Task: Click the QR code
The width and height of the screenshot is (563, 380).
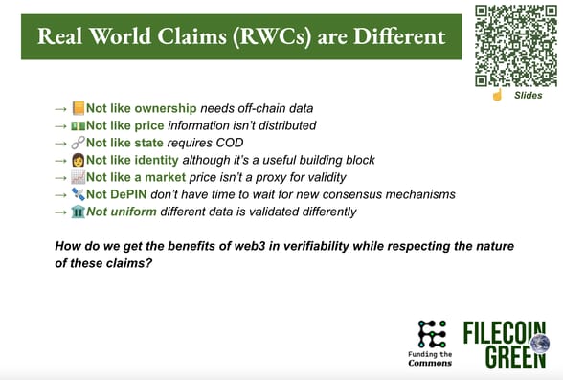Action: pos(516,46)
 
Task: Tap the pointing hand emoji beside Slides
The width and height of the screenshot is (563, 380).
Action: pos(497,95)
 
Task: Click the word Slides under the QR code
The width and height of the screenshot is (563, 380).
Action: pos(529,95)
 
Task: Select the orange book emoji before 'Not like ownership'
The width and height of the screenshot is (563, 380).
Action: pos(79,108)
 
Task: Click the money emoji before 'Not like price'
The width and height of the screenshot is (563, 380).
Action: pos(79,125)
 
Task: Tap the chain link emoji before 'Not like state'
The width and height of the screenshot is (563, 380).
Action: pos(79,143)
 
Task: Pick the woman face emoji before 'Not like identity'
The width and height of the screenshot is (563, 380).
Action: pos(79,160)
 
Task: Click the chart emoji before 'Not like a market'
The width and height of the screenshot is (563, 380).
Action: pos(79,177)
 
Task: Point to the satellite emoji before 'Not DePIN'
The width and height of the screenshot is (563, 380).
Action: pos(79,194)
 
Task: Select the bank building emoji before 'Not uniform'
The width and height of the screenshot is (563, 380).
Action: pos(79,212)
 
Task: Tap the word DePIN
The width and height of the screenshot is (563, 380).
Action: pos(128,194)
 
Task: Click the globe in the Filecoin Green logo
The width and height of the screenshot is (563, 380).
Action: pos(540,344)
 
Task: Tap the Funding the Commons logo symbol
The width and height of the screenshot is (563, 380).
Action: pos(433,334)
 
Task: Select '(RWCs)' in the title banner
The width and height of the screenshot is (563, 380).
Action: pos(272,36)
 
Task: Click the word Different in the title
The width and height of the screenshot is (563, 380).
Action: pos(399,36)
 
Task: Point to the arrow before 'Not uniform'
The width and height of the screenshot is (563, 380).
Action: pos(61,212)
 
